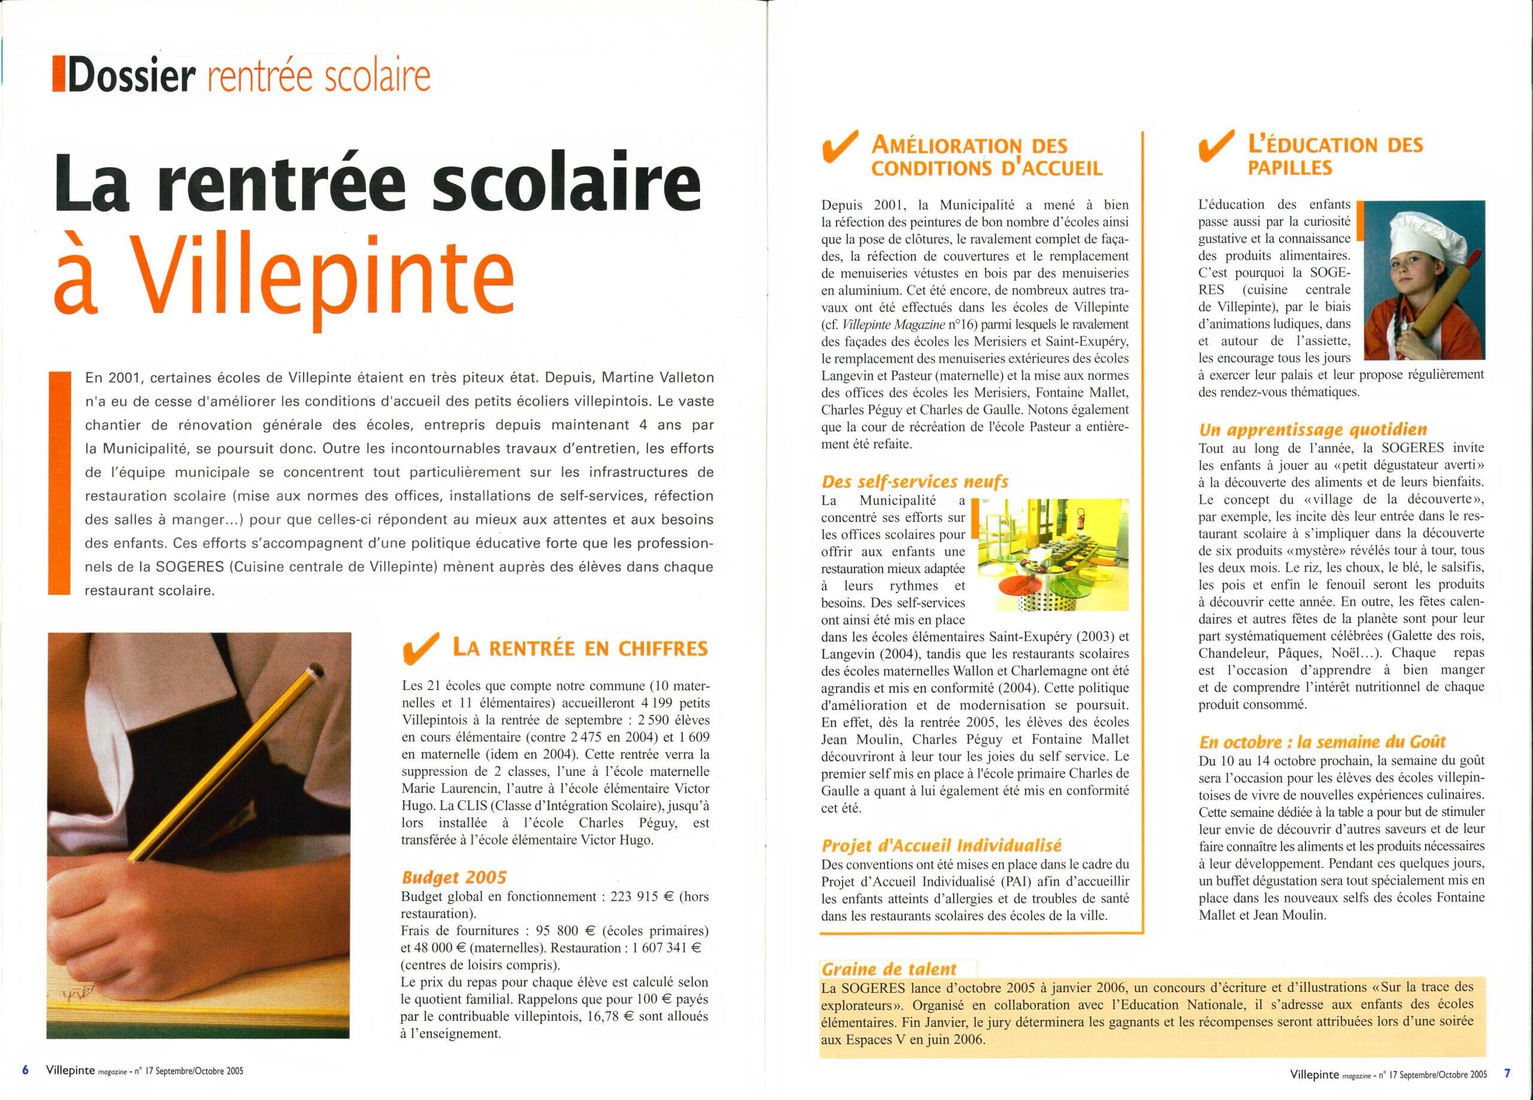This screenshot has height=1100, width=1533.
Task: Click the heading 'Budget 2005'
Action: pyautogui.click(x=453, y=878)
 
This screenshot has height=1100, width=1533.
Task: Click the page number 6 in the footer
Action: pyautogui.click(x=26, y=1070)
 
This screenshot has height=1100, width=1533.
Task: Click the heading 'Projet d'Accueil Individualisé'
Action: pyautogui.click(x=941, y=846)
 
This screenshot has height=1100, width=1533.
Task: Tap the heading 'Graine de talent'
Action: pyautogui.click(x=889, y=969)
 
